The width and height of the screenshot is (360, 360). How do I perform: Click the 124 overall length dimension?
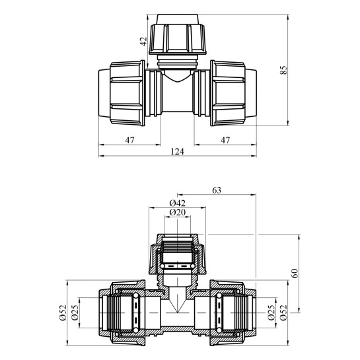[177, 151]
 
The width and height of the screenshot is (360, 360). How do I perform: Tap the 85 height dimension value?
[284, 70]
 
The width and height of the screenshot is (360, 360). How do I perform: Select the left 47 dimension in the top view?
[129, 140]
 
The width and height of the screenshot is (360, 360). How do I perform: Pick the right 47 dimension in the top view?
[225, 140]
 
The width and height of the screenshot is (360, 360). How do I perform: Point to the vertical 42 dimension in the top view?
[143, 42]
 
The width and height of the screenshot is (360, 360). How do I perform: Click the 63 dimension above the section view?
[217, 190]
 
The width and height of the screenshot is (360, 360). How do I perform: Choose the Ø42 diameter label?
[177, 203]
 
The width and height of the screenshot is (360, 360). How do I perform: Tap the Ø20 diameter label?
[177, 213]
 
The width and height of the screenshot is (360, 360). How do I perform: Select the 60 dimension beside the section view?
[295, 273]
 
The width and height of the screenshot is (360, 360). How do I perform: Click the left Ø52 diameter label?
[63, 312]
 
